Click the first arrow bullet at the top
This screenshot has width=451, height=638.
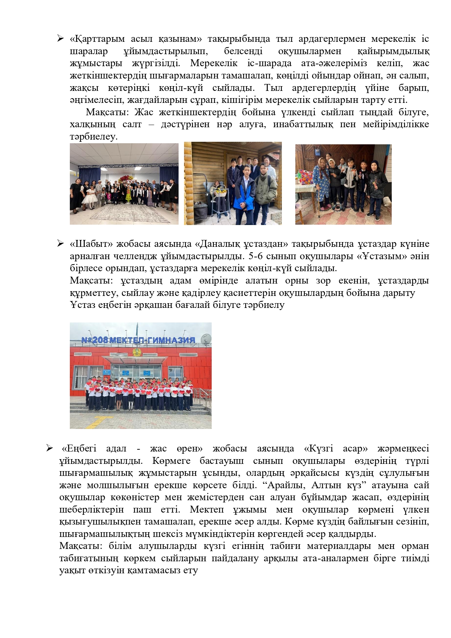(x=60, y=38)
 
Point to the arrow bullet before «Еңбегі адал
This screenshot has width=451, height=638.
(x=50, y=448)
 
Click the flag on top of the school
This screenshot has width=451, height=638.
(x=137, y=327)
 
